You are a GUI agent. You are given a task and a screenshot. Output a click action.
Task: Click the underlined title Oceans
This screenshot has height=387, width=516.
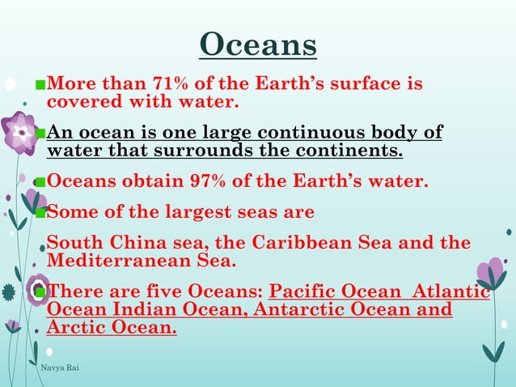tap(258, 45)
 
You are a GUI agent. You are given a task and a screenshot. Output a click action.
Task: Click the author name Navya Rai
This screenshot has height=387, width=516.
tap(59, 368)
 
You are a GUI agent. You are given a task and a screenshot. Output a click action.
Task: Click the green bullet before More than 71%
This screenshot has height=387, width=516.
tap(40, 84)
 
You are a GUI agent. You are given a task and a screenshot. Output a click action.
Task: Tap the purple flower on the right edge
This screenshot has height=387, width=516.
tap(490, 274)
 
